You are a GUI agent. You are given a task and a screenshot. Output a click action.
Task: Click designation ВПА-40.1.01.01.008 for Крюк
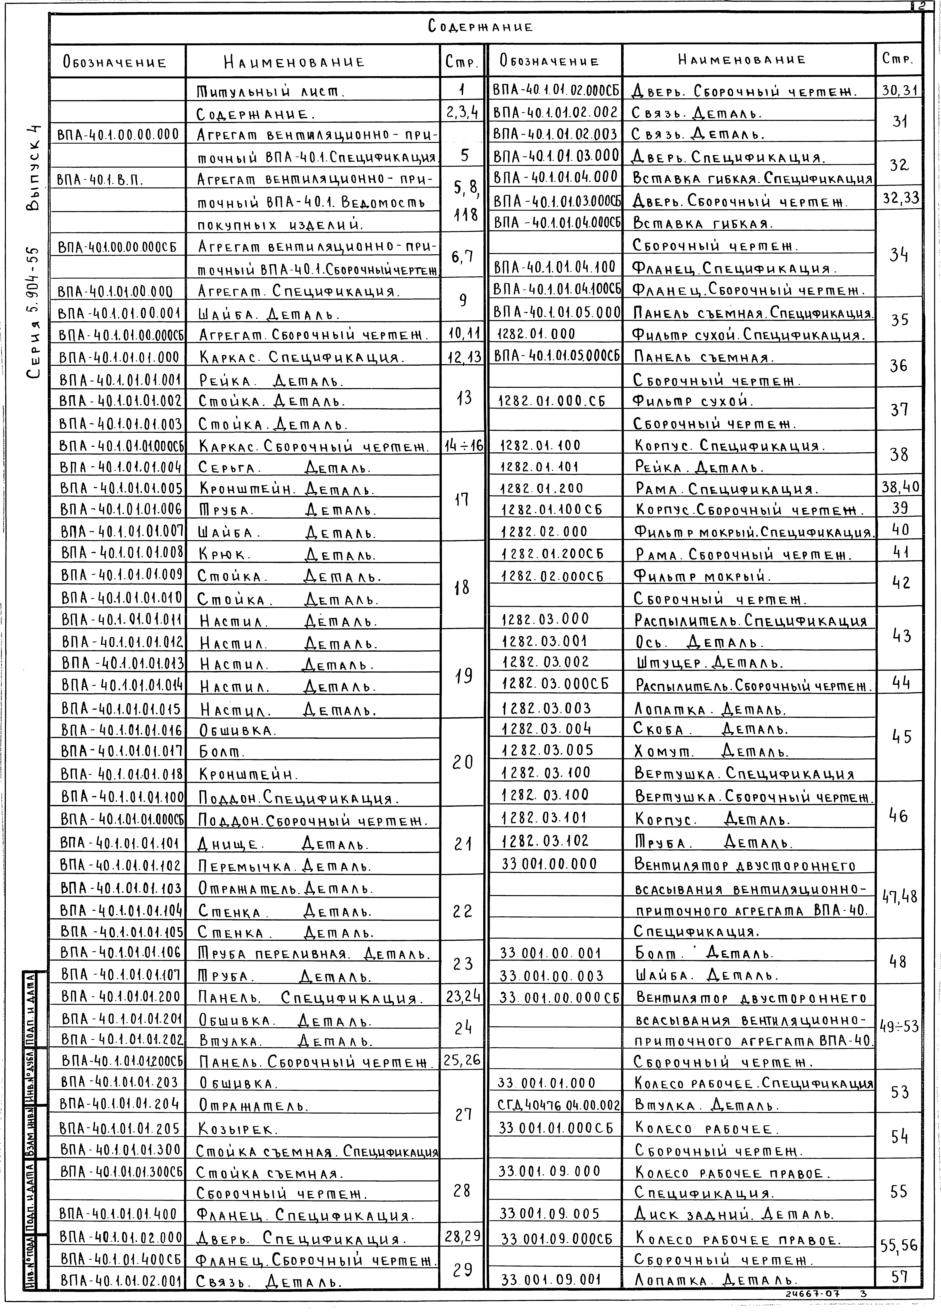coord(122,553)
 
